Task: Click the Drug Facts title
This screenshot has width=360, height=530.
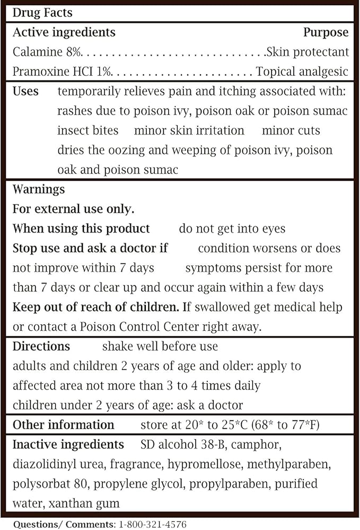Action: [43, 12]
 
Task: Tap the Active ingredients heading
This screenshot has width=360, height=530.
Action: [64, 32]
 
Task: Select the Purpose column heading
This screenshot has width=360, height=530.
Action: [326, 32]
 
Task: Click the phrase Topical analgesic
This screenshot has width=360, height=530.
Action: [302, 72]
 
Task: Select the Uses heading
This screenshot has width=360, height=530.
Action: [25, 91]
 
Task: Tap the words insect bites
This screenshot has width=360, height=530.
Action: [87, 130]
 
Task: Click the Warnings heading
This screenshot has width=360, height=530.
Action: [39, 189]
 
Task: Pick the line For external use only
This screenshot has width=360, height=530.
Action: [73, 209]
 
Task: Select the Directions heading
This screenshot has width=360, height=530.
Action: [41, 347]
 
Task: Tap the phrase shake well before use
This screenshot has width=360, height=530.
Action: [160, 347]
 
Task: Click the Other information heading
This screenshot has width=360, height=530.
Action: [63, 425]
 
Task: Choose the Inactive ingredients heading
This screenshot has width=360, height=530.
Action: [68, 445]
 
